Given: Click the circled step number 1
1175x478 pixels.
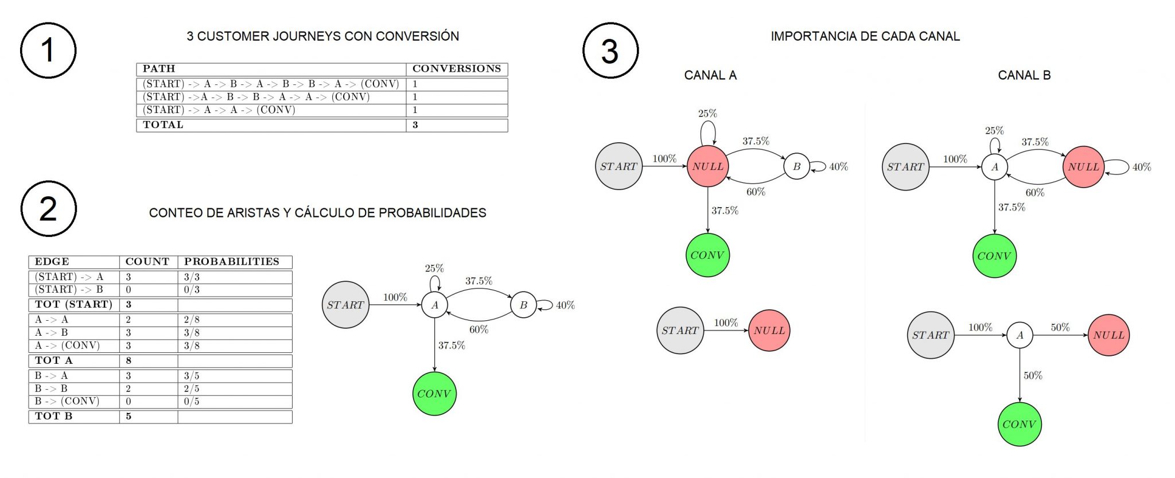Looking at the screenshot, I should (48, 50).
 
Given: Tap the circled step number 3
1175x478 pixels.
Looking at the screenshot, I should (610, 50).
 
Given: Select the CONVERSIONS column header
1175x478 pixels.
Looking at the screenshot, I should (456, 69).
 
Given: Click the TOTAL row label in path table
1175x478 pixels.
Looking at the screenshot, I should (163, 125).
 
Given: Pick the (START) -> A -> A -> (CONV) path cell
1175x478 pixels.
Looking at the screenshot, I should (219, 110).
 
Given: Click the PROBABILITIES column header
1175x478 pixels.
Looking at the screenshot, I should (231, 262).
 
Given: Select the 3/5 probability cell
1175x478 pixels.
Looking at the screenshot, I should (192, 376).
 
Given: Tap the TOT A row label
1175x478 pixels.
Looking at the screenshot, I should (53, 361).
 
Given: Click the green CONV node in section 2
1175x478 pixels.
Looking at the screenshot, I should (434, 394).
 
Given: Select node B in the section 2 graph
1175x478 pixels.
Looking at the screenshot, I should (523, 305).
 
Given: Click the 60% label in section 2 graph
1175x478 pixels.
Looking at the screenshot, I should (478, 329).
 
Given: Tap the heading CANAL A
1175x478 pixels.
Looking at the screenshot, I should (710, 75).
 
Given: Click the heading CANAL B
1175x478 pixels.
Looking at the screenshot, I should (1024, 75).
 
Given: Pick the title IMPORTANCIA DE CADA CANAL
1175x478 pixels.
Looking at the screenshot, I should (865, 36).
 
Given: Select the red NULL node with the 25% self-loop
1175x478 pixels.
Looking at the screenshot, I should (707, 166).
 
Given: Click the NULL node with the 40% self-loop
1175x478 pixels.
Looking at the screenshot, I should (1083, 167).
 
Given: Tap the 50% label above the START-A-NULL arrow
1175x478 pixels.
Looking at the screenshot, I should (1060, 327).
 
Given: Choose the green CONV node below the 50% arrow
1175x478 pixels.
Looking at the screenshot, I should (1020, 424).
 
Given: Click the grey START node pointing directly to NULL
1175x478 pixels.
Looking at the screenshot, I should (680, 331).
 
